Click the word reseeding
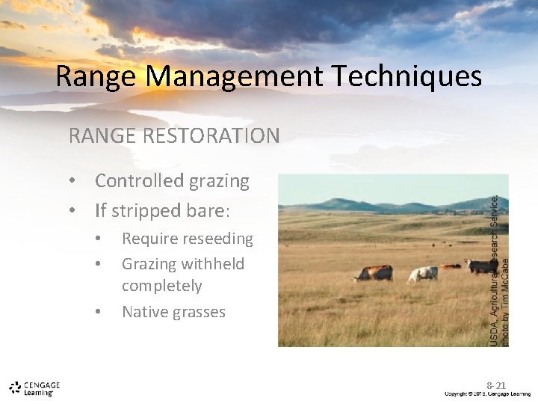215,239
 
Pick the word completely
162,286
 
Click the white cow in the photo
423,274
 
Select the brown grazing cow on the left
374,273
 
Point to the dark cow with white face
481,266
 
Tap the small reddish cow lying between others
451,266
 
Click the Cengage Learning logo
34,388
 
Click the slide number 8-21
497,385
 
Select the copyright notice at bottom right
486,394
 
